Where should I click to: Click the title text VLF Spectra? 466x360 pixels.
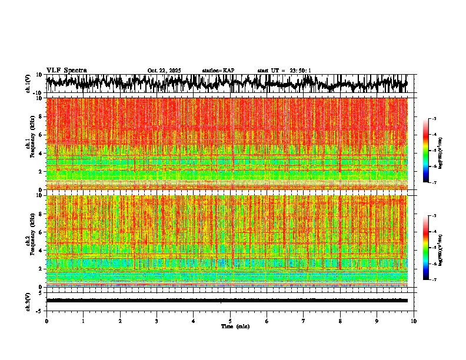tap(66, 70)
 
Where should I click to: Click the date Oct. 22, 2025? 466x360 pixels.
tap(164, 71)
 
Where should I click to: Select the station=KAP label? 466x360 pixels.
tap(218, 71)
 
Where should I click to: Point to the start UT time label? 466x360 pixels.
tap(284, 71)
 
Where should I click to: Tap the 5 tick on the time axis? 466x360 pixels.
tap(230, 321)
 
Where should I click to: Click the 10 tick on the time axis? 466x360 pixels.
tap(414, 321)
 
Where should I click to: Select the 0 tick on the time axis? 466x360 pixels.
tap(46, 321)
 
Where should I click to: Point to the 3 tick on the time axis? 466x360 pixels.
tap(157, 321)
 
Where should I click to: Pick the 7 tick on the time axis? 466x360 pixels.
tap(304, 321)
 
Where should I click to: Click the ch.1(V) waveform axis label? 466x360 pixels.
tap(29, 84)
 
